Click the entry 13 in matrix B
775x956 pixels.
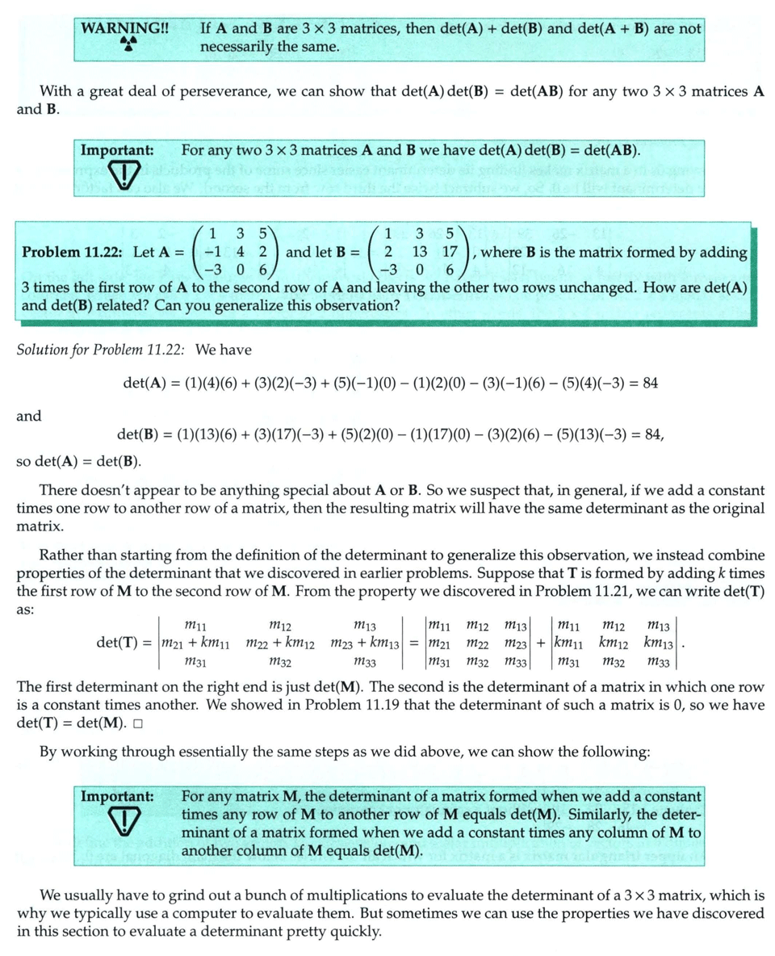pos(420,252)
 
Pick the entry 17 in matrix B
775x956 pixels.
pos(451,252)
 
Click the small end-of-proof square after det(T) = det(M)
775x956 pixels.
pos(139,723)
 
